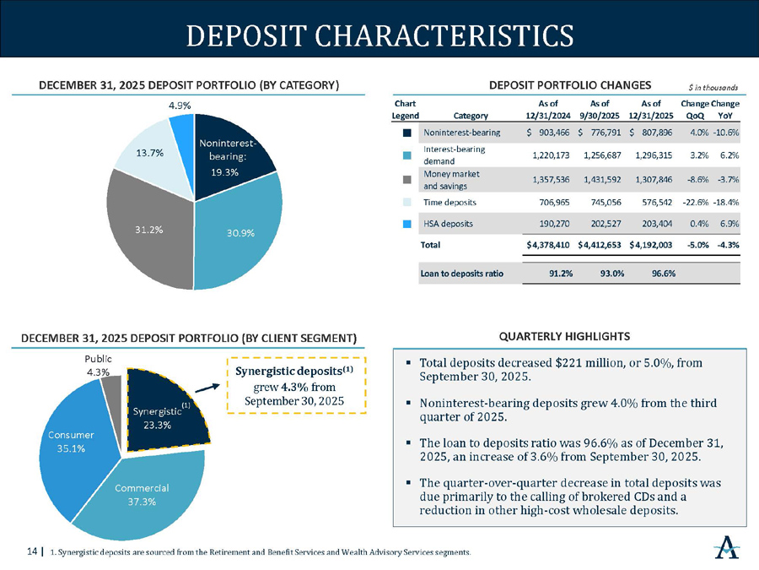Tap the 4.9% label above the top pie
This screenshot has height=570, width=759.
178,106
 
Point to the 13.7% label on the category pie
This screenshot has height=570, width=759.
137,155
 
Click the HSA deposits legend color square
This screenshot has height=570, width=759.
407,224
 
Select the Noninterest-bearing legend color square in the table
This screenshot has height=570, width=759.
407,133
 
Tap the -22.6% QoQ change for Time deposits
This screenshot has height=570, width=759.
694,203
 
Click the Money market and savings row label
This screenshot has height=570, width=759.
452,179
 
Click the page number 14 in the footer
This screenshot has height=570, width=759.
33,552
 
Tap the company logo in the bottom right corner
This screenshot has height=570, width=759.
727,548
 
